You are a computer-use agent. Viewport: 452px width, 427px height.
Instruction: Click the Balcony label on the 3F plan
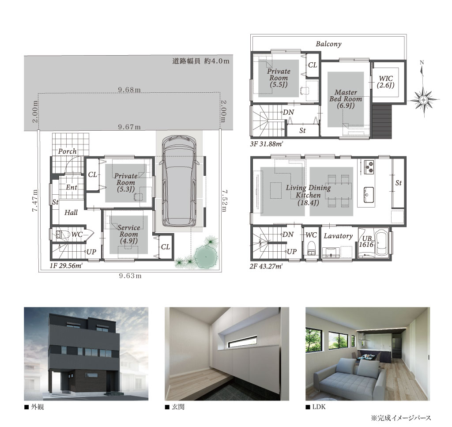pyautogui.click(x=328, y=44)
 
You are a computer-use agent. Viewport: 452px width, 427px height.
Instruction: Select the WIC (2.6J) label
pyautogui.click(x=386, y=82)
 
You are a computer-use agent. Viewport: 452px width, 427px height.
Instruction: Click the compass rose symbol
pyautogui.click(x=423, y=100)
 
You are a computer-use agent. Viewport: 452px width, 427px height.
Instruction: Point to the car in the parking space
pyautogui.click(x=179, y=181)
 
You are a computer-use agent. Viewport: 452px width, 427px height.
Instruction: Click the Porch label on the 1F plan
pyautogui.click(x=68, y=151)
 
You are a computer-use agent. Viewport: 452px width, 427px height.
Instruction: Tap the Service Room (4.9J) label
pyautogui.click(x=128, y=234)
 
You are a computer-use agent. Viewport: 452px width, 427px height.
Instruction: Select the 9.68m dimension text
pyautogui.click(x=129, y=90)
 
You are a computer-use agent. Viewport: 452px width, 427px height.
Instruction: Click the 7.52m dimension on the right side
pyautogui.click(x=224, y=200)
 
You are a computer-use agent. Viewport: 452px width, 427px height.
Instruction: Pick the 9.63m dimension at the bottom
pyautogui.click(x=130, y=276)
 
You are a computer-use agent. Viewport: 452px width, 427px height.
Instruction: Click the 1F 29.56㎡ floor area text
pyautogui.click(x=66, y=265)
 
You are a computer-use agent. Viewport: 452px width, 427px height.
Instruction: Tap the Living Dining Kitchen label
pyautogui.click(x=308, y=195)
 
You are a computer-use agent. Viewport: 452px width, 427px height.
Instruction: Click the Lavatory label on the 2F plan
pyautogui.click(x=338, y=236)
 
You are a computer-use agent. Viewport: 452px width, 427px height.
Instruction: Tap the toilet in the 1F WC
pyautogui.click(x=61, y=234)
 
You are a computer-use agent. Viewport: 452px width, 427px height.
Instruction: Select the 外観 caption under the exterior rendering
pyautogui.click(x=38, y=407)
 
